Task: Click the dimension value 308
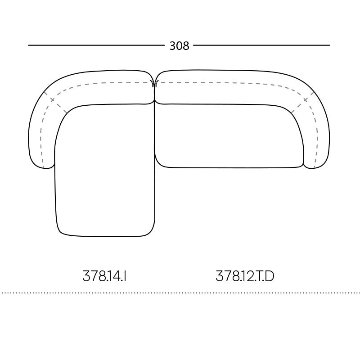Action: (x=179, y=46)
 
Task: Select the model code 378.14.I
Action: (x=104, y=276)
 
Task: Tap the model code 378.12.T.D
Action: (x=245, y=276)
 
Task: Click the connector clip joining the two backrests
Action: (x=154, y=84)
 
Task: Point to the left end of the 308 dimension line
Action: (x=28, y=45)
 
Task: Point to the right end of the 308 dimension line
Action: (x=329, y=45)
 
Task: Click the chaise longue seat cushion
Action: (x=105, y=171)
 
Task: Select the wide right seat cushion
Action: (x=229, y=136)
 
